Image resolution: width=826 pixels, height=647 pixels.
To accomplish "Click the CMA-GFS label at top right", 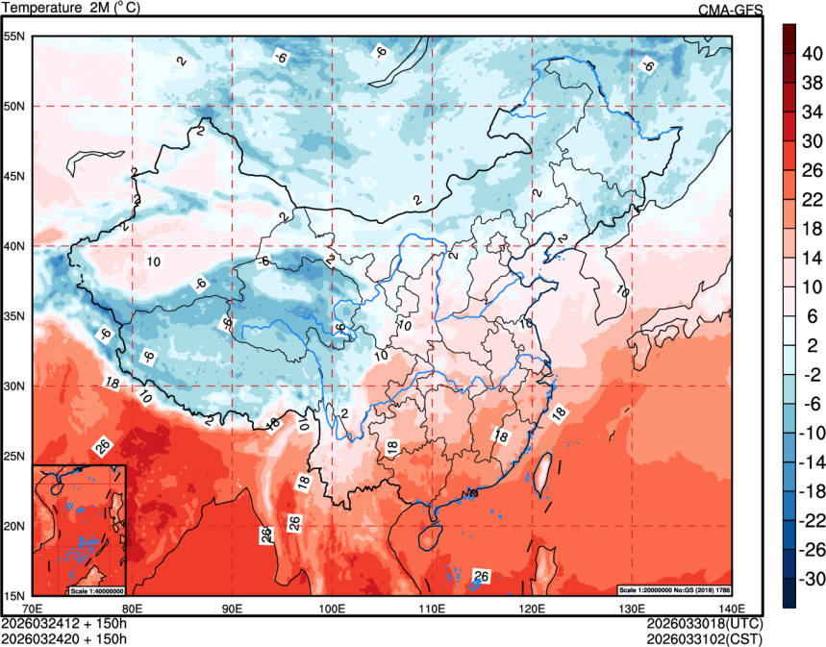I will (x=730, y=10).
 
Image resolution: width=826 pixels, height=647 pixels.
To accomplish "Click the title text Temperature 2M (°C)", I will (x=69, y=9).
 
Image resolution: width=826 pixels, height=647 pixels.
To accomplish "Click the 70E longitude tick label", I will (x=33, y=608).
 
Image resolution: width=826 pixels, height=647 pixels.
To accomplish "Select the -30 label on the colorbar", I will (x=813, y=580).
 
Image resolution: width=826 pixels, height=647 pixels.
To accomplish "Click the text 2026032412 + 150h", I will (x=64, y=622).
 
